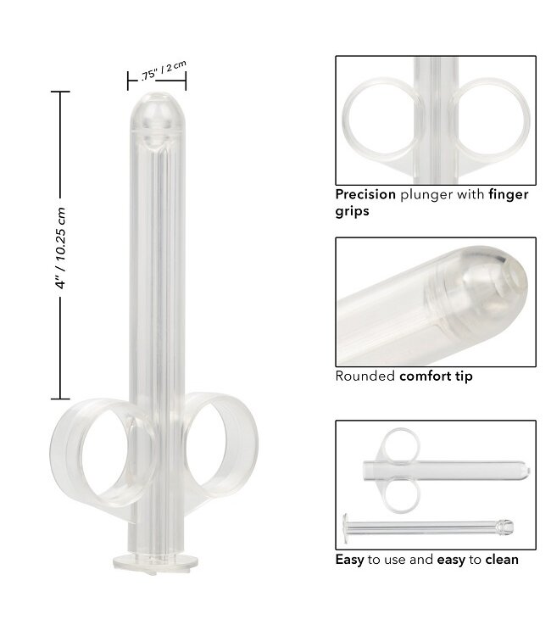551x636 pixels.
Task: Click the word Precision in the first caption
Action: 365,194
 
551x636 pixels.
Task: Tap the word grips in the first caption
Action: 353,210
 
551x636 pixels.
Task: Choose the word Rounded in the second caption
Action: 365,376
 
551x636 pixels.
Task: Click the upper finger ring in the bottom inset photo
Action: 398,444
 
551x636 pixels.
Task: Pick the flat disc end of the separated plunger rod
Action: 346,527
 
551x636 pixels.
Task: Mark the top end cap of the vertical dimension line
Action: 60,92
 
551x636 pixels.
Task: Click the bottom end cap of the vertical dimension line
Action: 60,399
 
